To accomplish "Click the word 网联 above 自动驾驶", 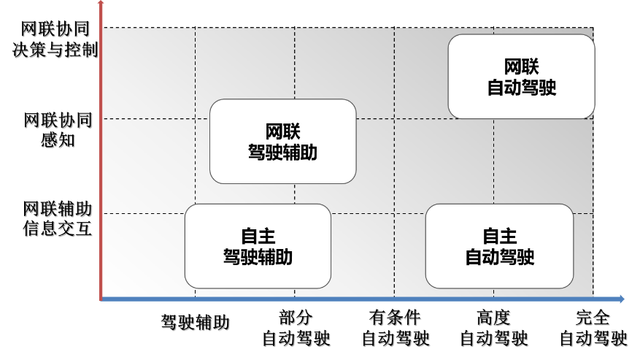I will (521, 67).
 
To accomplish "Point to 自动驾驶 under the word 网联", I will (521, 88).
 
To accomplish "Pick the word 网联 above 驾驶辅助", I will (282, 132).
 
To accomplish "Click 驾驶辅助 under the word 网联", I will (282, 153).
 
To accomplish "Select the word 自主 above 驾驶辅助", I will (258, 237).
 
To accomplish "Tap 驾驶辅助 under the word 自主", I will (258, 257).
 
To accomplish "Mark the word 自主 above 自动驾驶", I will (499, 237).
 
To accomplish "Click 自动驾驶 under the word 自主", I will (499, 257).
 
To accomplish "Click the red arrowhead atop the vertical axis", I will (101, 4).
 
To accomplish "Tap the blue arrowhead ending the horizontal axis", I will (621, 299).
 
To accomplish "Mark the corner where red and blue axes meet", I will (101, 299).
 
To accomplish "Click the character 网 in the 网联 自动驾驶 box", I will (512, 67).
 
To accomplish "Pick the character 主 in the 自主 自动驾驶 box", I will (509, 237).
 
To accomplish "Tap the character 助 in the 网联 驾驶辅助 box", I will (309, 153).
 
